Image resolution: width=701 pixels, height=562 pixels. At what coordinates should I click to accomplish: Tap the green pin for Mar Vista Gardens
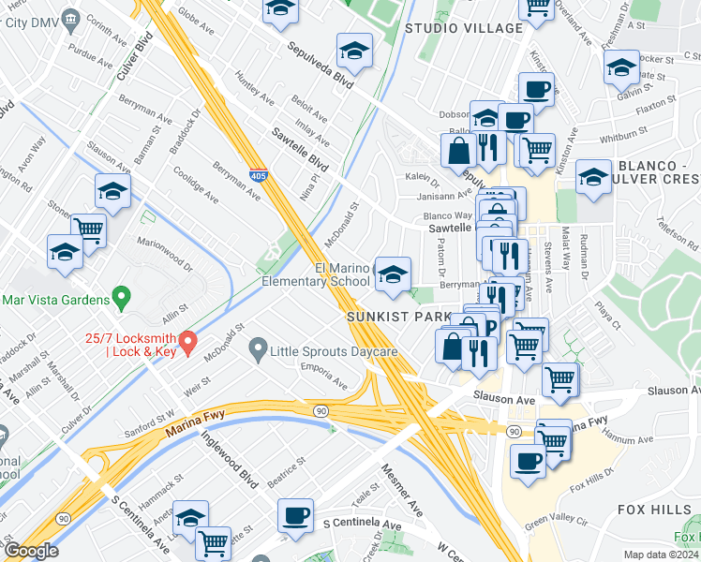pos(120,300)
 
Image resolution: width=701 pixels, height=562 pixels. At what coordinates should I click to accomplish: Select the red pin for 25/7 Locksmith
pos(187,342)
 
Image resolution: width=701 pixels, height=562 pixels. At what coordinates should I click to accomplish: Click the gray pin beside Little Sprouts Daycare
pos(257,350)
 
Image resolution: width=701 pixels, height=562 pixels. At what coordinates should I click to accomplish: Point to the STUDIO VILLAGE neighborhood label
pos(463,28)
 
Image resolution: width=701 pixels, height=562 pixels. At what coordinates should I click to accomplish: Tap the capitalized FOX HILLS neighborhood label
pos(655,509)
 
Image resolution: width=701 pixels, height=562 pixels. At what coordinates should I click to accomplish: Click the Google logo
pos(30,551)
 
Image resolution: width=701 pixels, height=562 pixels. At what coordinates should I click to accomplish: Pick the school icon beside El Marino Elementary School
pos(393,273)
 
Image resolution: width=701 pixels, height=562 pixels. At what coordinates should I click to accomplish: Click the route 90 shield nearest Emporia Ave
pos(320,411)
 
